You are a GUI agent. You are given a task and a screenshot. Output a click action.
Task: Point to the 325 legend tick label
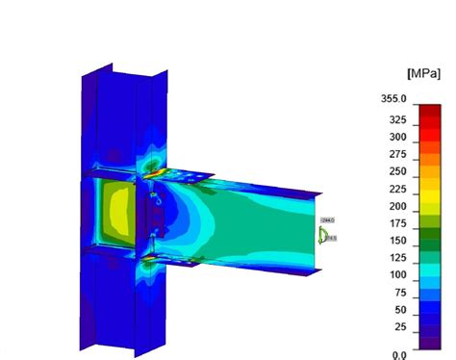coord(398,120)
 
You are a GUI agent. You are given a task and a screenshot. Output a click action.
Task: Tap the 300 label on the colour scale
coord(398,138)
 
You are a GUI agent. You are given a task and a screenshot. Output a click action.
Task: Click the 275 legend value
coord(398,155)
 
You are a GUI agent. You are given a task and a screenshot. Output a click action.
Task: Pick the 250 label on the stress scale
coord(398,172)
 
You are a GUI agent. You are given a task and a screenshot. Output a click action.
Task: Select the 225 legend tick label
coord(398,190)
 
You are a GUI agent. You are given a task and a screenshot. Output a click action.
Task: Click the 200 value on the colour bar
coord(398,207)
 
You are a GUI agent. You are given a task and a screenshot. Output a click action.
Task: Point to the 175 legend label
coord(398,224)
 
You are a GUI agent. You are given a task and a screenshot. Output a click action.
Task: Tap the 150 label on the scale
coord(398,242)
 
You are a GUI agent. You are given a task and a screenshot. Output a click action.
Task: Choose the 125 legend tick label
coord(398,259)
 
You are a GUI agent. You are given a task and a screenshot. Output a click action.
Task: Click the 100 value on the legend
coord(398,276)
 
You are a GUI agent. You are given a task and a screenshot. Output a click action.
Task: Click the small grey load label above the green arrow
coord(328,220)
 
